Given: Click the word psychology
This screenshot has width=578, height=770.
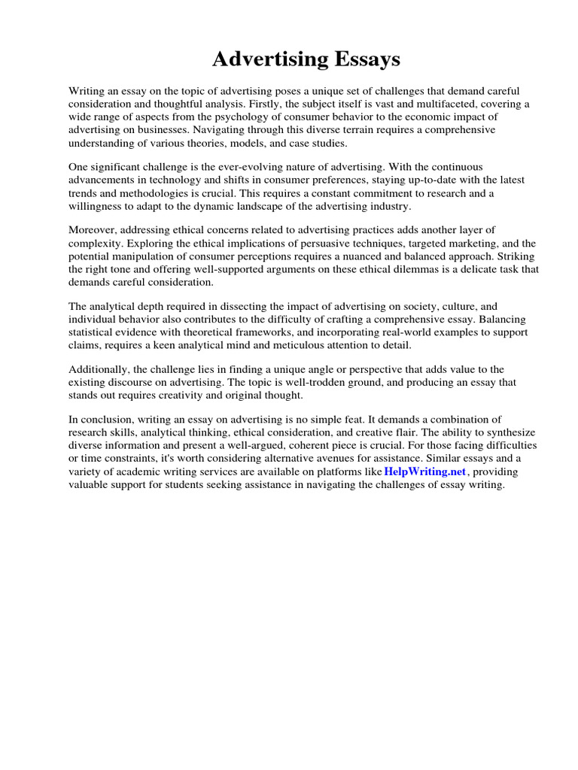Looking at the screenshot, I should (x=255, y=117).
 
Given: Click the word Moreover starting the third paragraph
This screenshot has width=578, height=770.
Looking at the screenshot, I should (x=93, y=229).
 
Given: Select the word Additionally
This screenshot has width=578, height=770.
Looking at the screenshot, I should (x=99, y=369).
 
